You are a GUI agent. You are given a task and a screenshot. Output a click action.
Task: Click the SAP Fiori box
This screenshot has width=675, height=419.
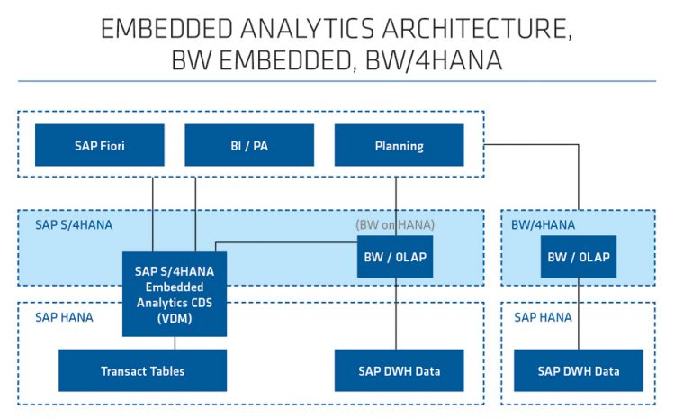[x=99, y=145]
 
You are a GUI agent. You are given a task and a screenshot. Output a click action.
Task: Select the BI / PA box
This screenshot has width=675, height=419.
[x=249, y=145]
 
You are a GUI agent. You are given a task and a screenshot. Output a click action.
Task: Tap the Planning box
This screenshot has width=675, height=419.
[x=399, y=145]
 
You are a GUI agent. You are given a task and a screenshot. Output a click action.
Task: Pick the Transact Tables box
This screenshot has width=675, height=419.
[x=142, y=370]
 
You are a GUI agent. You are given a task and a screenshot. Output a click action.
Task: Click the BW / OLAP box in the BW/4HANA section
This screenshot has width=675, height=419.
[x=579, y=257]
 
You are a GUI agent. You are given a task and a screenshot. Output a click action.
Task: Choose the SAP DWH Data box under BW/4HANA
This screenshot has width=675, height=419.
[x=579, y=370]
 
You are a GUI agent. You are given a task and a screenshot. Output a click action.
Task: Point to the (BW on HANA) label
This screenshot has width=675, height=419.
[x=394, y=224]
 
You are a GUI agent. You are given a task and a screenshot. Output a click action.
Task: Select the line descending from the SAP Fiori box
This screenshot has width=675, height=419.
[x=154, y=208]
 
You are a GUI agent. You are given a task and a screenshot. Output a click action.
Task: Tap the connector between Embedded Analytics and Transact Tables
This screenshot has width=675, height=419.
[x=175, y=343]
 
